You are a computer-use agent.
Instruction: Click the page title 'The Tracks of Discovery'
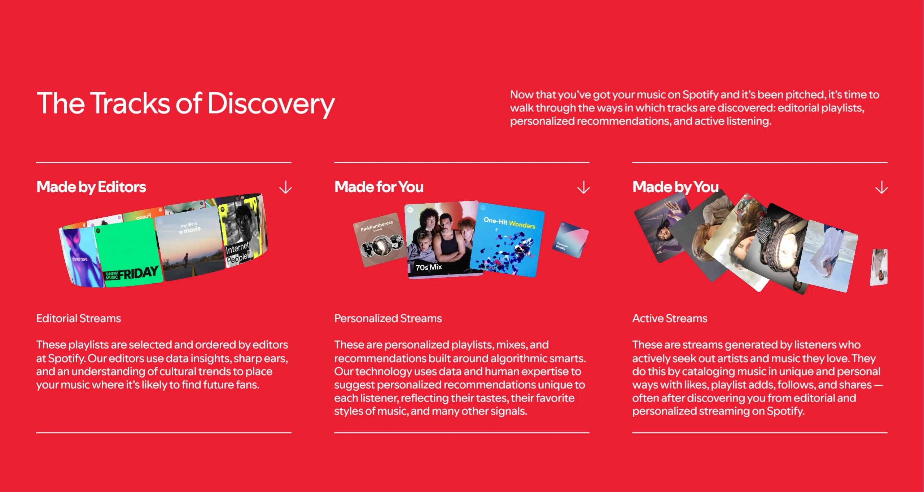(x=185, y=103)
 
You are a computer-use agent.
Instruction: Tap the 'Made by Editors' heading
(x=91, y=187)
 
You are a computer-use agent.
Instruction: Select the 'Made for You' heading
(x=379, y=187)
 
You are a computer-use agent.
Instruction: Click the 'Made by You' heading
(x=675, y=187)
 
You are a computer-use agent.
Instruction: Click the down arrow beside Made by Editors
(x=285, y=187)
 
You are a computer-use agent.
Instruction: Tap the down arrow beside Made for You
(x=583, y=187)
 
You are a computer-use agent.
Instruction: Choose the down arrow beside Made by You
(x=881, y=187)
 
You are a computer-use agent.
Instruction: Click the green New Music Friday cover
(x=128, y=254)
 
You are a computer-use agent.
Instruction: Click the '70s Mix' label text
(x=429, y=267)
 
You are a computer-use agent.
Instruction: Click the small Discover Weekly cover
(x=570, y=240)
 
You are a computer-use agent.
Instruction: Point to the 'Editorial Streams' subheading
(x=79, y=318)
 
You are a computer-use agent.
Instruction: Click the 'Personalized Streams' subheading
(x=388, y=318)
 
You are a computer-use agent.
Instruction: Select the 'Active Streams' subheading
(x=670, y=318)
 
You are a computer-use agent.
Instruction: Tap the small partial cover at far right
(x=879, y=267)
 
